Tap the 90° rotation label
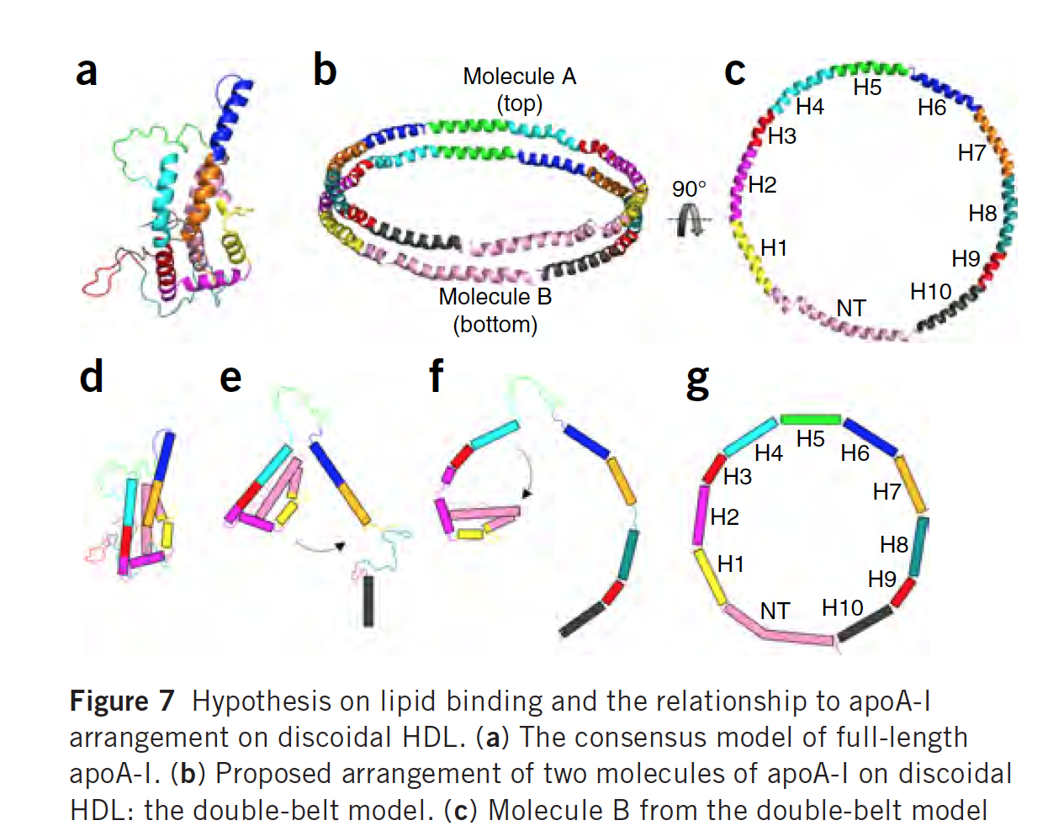[689, 188]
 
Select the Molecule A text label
[519, 77]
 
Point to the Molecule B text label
[495, 297]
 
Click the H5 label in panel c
[867, 87]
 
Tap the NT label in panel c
[851, 309]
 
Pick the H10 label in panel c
[930, 292]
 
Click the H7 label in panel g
[887, 491]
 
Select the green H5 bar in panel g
[810, 419]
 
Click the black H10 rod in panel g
[865, 623]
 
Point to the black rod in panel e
[368, 601]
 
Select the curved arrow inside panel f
[527, 473]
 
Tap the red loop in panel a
[99, 280]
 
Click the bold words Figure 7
[122, 701]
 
